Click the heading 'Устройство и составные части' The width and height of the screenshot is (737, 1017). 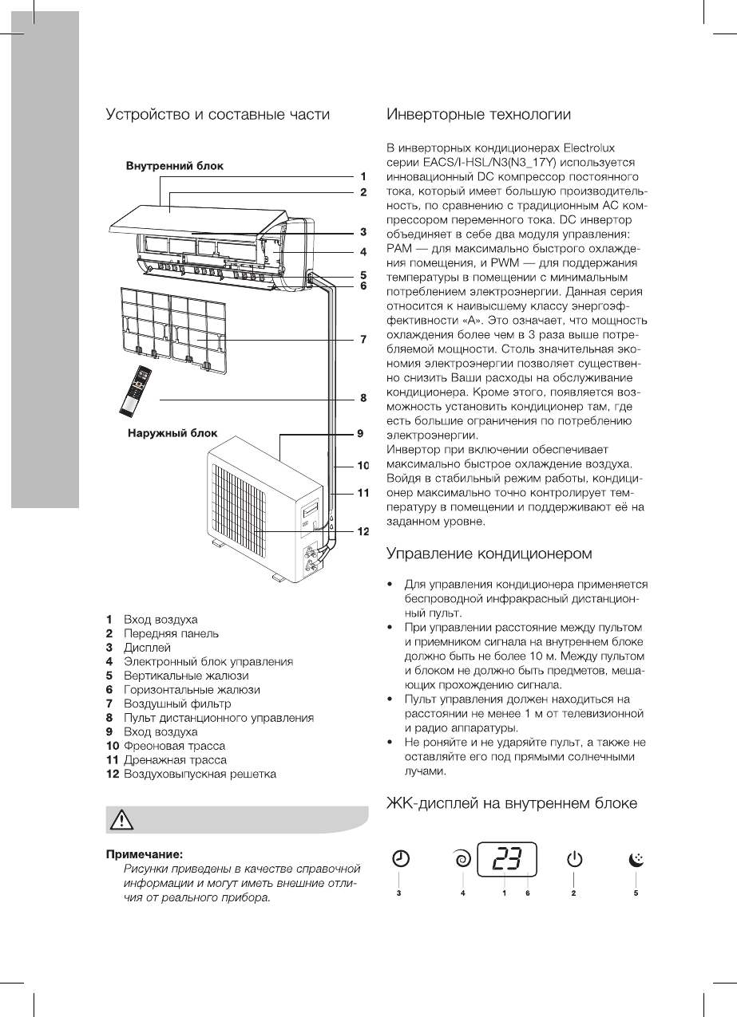coord(218,115)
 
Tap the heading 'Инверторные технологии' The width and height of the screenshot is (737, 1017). coord(478,115)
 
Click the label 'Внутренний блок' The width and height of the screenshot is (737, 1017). coord(174,167)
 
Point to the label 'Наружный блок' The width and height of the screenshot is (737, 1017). coord(172,435)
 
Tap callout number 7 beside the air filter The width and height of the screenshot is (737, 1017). coord(363,339)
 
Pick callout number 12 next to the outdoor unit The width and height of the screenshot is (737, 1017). coord(362,530)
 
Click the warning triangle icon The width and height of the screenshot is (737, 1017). coord(122,819)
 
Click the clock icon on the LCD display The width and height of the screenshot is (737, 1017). coord(401,859)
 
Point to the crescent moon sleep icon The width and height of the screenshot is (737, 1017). coord(636,859)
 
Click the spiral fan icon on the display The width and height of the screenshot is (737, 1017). coord(462,859)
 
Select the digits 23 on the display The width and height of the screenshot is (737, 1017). coord(506,859)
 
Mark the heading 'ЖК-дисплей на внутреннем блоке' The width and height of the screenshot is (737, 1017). coord(512,803)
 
